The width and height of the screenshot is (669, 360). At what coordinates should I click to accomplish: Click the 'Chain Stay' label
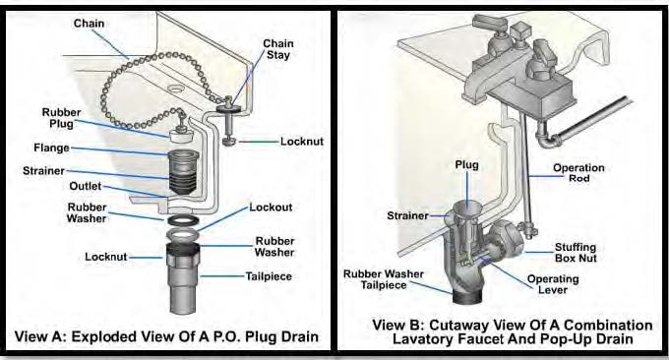coord(278,49)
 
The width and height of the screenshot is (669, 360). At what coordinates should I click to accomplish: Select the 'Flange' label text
coord(51,148)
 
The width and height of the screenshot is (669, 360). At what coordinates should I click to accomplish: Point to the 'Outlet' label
coord(86,187)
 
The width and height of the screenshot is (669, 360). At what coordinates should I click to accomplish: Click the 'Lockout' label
coord(271,208)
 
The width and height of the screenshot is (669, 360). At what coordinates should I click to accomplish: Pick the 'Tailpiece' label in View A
coord(269,276)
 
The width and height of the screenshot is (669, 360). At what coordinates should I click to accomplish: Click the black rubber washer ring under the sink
coord(182,220)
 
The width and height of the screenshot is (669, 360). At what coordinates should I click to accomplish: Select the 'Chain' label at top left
coord(89,24)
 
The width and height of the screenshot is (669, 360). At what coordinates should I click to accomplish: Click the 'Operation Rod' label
coord(578,173)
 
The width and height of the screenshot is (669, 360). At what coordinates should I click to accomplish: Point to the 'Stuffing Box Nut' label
coord(576,253)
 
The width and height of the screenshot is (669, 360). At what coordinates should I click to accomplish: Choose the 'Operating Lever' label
coord(553,284)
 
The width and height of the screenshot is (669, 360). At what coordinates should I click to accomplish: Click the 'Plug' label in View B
coord(466,165)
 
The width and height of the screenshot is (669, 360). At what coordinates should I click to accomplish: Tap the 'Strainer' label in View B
coord(407,215)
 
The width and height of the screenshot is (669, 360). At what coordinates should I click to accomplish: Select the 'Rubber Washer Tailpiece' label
coord(384,279)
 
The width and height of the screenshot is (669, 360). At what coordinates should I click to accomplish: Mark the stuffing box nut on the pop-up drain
coord(506,242)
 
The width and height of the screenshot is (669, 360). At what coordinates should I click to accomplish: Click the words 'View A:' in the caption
coord(40,336)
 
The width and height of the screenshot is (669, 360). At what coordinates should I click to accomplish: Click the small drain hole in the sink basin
coord(174,89)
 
